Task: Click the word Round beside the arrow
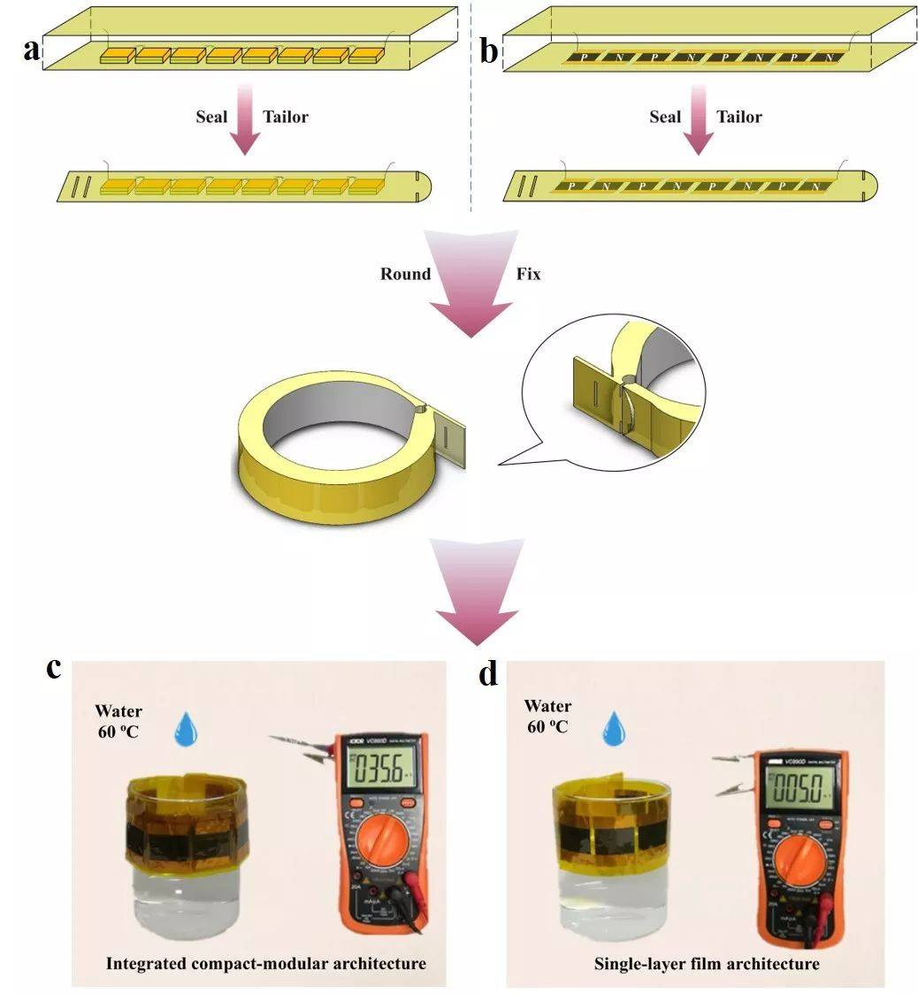(405, 274)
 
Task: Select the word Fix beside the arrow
(528, 274)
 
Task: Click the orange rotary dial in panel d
(798, 855)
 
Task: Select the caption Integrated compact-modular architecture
(265, 962)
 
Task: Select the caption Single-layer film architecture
(707, 963)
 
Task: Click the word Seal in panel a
(210, 117)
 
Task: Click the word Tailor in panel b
(738, 117)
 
